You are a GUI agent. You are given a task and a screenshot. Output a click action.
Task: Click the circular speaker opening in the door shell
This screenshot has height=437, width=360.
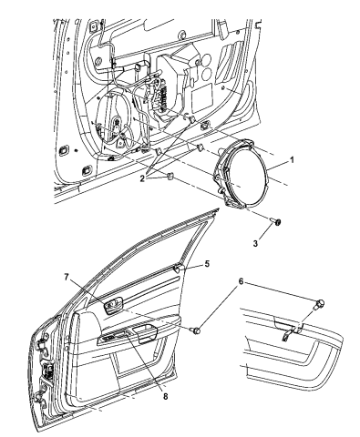[x=116, y=127]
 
